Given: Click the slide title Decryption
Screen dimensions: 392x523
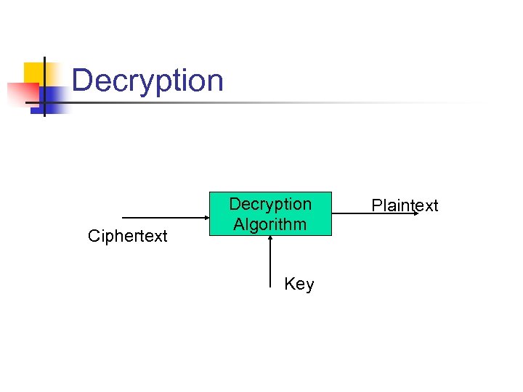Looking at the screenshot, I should coord(147,81).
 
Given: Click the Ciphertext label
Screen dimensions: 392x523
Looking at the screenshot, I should coord(127,236).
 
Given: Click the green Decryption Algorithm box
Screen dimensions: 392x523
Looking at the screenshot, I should coord(270,214).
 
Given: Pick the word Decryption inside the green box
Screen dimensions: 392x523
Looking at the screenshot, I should coord(270,204).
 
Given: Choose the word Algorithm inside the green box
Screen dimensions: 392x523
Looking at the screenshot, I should coord(270,224).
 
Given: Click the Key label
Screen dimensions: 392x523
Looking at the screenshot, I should coord(299,285).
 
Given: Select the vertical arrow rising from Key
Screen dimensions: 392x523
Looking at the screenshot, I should coord(270,258).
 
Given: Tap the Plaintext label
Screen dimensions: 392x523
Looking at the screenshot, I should coord(405,205).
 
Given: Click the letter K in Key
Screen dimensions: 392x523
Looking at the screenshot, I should coord(289,285).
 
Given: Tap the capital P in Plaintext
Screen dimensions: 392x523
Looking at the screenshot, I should coord(376,205).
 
